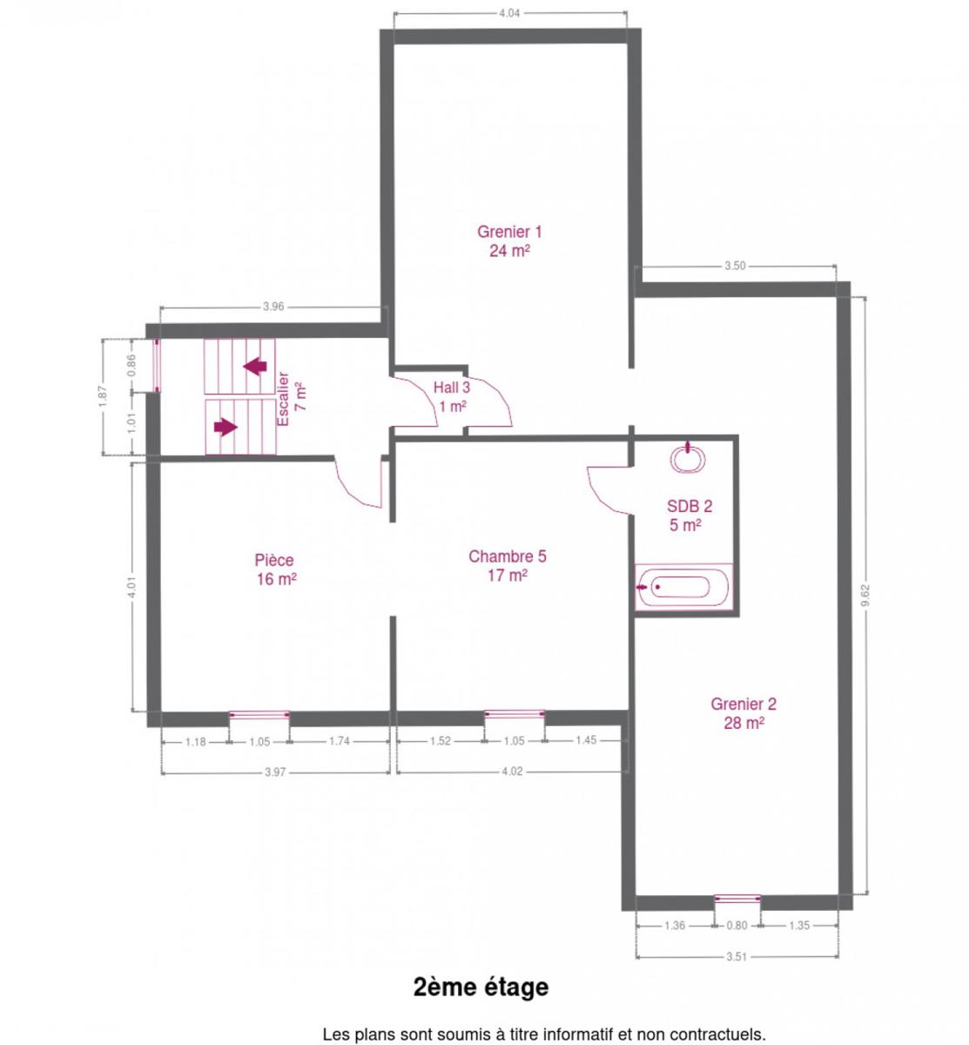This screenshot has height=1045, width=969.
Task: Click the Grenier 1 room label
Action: (508, 240)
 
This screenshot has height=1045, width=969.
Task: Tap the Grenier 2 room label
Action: (743, 713)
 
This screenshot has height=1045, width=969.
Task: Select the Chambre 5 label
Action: (507, 566)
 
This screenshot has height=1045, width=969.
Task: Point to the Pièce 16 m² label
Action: (275, 570)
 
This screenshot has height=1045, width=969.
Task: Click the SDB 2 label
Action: (689, 516)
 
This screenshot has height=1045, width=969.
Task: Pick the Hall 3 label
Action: (451, 397)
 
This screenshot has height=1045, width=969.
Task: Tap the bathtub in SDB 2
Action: (683, 587)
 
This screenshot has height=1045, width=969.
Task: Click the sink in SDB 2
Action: (688, 458)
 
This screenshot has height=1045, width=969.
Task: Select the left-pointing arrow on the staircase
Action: (255, 366)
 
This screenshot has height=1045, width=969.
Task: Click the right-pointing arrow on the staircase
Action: (225, 427)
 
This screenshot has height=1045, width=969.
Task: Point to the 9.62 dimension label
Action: (865, 595)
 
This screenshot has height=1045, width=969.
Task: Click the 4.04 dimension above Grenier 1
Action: (509, 13)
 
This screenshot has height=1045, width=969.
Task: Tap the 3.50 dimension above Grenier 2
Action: (735, 266)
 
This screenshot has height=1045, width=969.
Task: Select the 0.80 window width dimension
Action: (737, 925)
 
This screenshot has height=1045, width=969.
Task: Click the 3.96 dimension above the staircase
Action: (273, 307)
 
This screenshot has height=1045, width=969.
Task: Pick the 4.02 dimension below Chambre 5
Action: (512, 772)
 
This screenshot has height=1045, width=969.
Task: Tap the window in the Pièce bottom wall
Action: (259, 715)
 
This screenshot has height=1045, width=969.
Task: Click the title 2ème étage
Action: (481, 987)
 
